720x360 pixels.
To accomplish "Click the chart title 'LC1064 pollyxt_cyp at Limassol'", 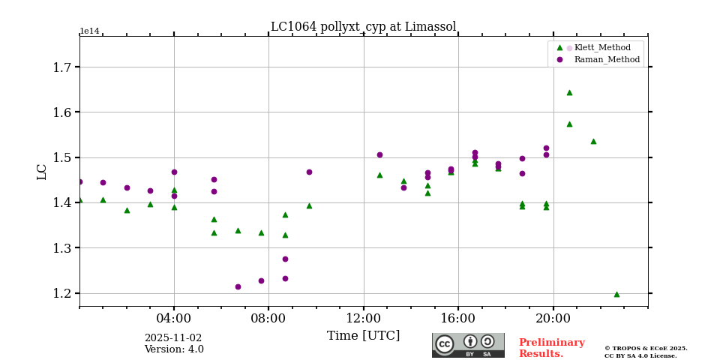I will coord(363,27).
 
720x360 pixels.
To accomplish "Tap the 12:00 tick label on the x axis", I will coord(364,318).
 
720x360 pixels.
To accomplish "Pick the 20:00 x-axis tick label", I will coord(553,318).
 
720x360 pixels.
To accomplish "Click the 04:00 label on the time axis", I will coord(174,318).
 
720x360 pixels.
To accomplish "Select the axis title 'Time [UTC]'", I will coord(363,336).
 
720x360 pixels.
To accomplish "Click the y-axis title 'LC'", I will coord(42,171).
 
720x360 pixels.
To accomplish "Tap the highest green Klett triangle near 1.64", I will coord(569,92).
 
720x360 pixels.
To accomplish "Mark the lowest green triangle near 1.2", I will coord(616,294).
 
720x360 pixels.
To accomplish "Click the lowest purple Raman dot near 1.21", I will coord(238,286).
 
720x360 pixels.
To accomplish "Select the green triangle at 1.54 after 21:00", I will coord(593,141).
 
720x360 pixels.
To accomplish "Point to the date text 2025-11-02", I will coord(173,338).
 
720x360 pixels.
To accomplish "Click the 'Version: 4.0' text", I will coord(173,349).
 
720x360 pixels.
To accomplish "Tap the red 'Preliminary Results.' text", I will coord(551,348).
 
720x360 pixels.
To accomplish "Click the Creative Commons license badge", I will coord(468,345).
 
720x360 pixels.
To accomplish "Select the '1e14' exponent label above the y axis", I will coord(89,31).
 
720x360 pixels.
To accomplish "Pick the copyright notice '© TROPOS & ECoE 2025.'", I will coord(646,349).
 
